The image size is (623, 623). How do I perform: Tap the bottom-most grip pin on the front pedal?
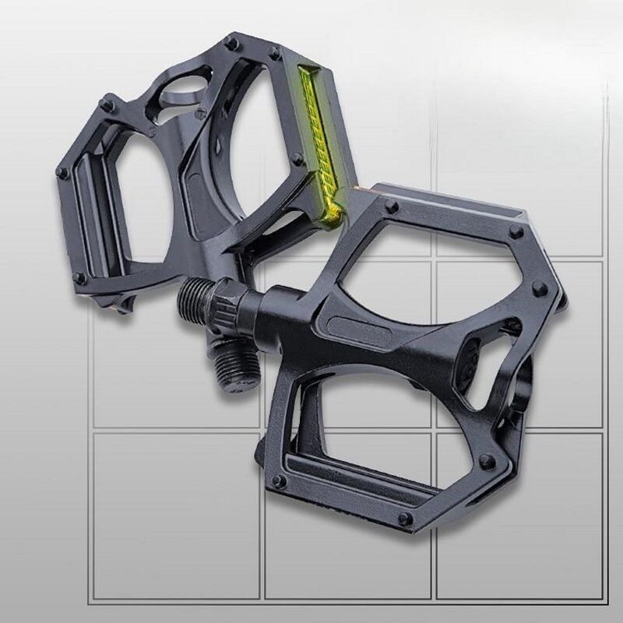404,518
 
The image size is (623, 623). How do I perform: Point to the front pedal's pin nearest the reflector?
391,207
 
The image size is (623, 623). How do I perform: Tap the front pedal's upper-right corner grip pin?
515,232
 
